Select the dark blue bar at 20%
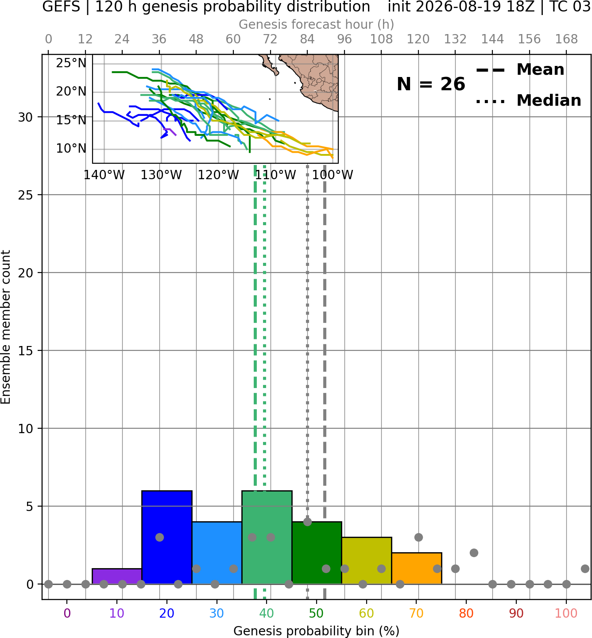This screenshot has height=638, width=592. [x=167, y=537]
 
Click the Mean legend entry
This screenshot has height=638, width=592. [x=520, y=70]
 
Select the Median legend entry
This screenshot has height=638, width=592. [x=529, y=100]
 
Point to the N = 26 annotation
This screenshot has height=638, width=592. [x=431, y=84]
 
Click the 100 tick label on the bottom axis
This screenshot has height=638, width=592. [x=566, y=613]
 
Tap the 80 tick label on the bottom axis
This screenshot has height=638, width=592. [x=466, y=613]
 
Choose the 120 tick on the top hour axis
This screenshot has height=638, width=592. [x=418, y=39]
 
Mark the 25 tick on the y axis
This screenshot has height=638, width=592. [x=25, y=195]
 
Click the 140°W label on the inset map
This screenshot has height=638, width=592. [x=104, y=175]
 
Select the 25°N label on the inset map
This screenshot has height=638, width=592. [x=71, y=63]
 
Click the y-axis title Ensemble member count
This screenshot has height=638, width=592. [x=6, y=327]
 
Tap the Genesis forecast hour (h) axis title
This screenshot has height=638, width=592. [x=317, y=25]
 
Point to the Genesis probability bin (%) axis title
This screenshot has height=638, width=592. [x=317, y=631]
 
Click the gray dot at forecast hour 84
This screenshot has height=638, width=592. [x=307, y=522]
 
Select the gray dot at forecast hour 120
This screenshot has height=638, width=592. [x=418, y=538]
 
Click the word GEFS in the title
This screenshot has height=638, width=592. [x=61, y=7]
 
